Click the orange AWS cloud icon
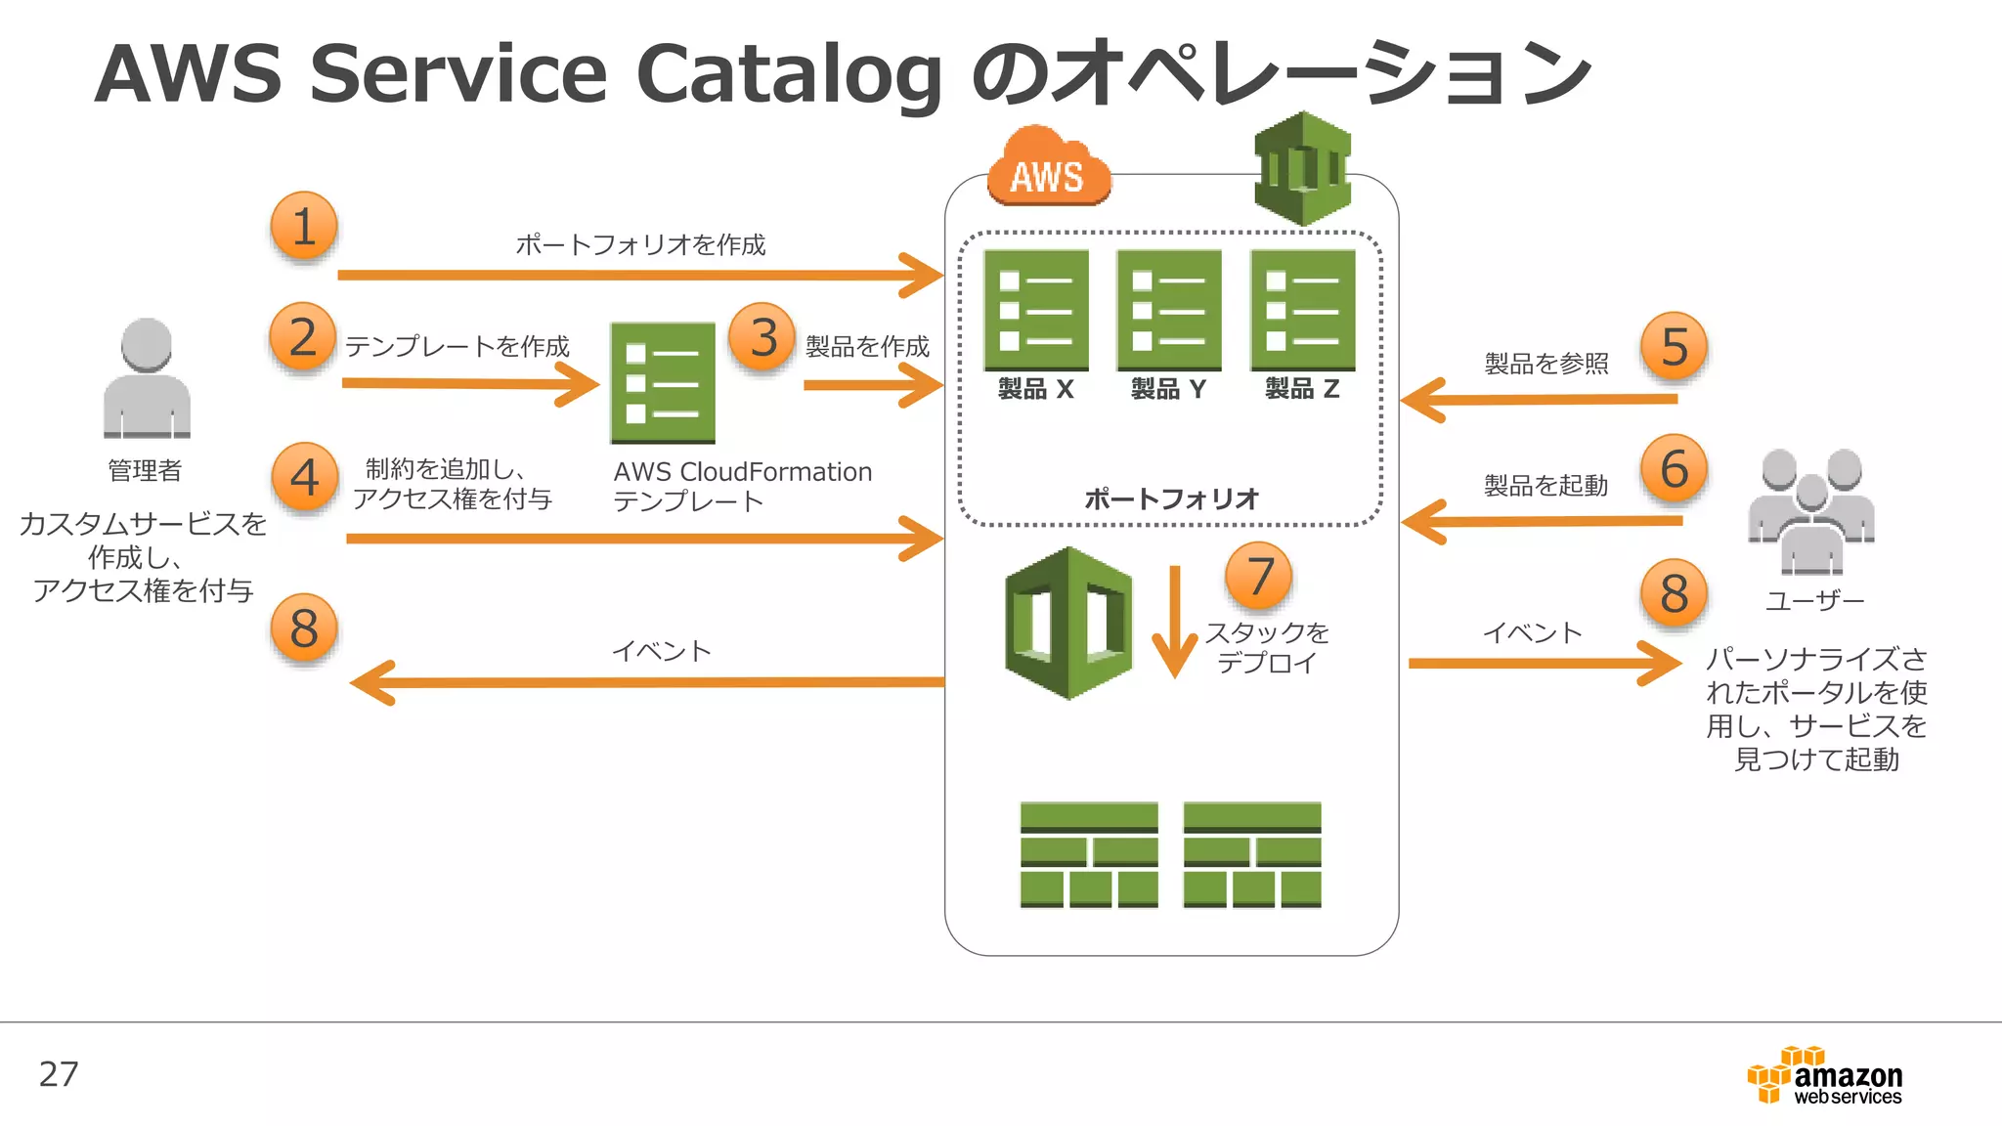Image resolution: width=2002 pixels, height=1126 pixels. coord(1048,167)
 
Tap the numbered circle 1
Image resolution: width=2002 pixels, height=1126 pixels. coord(304,227)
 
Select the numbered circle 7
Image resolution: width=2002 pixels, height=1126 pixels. coord(1259,577)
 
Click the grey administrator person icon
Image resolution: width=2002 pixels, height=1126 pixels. coord(147,378)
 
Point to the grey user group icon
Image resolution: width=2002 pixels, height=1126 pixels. coord(1811,510)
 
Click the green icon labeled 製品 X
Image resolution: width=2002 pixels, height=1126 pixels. coord(1036,310)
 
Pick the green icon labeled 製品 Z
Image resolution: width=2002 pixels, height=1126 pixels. coord(1302,310)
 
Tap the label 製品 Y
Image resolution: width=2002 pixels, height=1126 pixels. coord(1168,389)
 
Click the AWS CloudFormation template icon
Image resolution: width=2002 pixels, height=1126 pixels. coord(663,383)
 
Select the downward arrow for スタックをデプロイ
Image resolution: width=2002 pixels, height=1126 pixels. coord(1174,622)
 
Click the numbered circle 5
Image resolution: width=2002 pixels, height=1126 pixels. coord(1675,347)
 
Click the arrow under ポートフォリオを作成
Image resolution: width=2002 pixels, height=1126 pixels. coord(639,275)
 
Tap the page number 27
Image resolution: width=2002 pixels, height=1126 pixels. coord(59,1074)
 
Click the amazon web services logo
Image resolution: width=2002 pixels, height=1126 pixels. coord(1824,1076)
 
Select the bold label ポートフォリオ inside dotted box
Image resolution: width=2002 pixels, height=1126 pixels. coord(1171,498)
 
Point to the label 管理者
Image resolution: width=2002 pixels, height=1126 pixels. coord(145,470)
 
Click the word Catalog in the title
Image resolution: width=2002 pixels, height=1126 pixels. coord(788,74)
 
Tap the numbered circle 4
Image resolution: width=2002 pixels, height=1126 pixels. coord(304,478)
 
